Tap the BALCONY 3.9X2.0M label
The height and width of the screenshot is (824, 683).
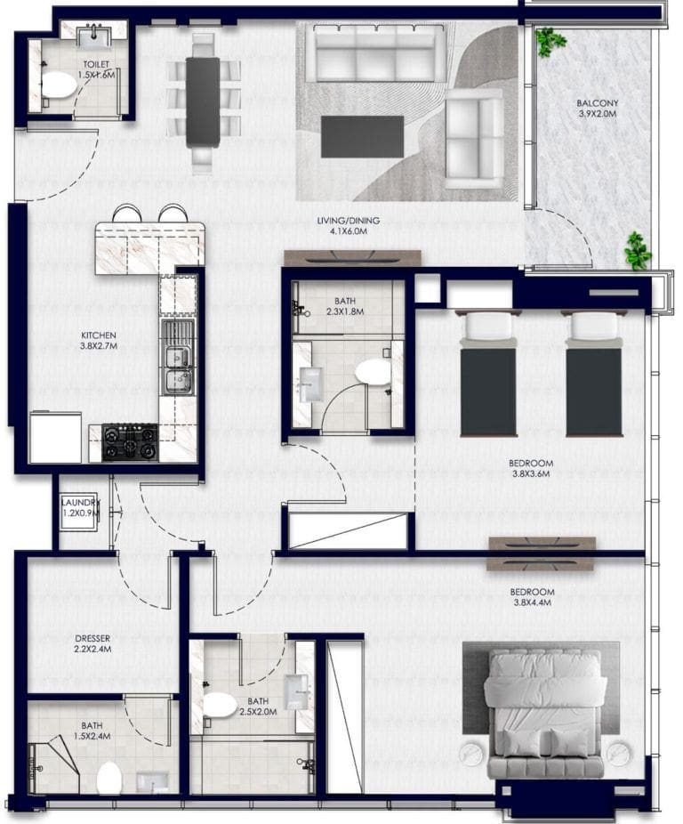point(597,109)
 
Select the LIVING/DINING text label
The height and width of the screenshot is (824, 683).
point(342,226)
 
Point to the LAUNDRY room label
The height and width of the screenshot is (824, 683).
point(81,508)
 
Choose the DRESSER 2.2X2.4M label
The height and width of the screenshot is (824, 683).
point(92,643)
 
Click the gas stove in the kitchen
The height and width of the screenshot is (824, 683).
point(130,442)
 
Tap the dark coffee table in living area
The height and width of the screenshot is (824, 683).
point(355,136)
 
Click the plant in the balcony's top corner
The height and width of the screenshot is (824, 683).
point(550,40)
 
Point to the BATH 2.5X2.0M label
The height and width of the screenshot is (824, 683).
point(258,707)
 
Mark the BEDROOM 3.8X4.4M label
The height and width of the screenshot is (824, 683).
point(532,597)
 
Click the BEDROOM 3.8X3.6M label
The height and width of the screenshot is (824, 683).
point(531,468)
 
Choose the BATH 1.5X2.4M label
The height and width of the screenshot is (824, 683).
point(92,731)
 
